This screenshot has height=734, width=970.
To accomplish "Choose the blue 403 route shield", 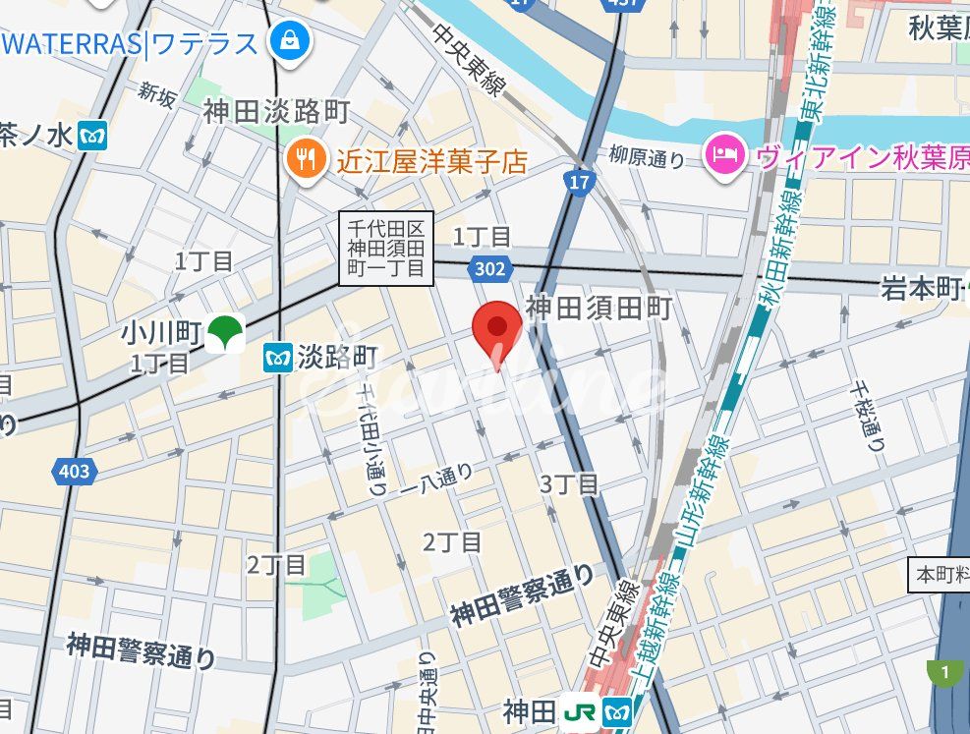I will [74, 471].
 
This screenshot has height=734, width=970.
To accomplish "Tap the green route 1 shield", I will [943, 673].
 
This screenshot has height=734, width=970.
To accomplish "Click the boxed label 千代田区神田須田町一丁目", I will [386, 249].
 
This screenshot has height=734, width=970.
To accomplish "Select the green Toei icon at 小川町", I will [226, 331].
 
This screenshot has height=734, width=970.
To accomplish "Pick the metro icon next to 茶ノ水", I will [93, 135].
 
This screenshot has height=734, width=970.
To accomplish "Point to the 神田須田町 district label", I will [599, 309].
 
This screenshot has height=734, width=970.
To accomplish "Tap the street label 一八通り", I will [436, 479].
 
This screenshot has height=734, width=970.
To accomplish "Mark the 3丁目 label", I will [569, 483].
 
